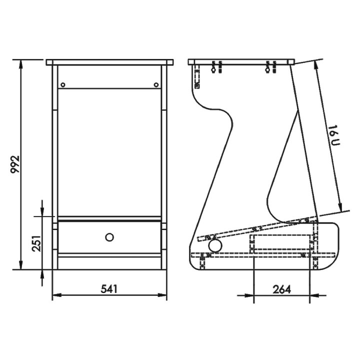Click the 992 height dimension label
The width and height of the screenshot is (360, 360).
tap(15, 164)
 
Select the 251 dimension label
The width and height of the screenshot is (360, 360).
tap(36, 243)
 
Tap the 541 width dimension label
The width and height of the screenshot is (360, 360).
tap(109, 289)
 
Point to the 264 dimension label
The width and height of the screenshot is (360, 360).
tap(281, 289)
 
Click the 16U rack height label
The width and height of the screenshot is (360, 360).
tap(334, 135)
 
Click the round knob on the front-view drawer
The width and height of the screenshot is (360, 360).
tap(109, 237)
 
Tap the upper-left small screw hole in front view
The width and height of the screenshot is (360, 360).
tap(62, 85)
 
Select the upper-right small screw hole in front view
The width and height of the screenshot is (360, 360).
tap(156, 85)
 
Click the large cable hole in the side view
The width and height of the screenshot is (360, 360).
tap(215, 245)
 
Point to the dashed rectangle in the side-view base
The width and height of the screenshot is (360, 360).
tap(281, 242)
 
